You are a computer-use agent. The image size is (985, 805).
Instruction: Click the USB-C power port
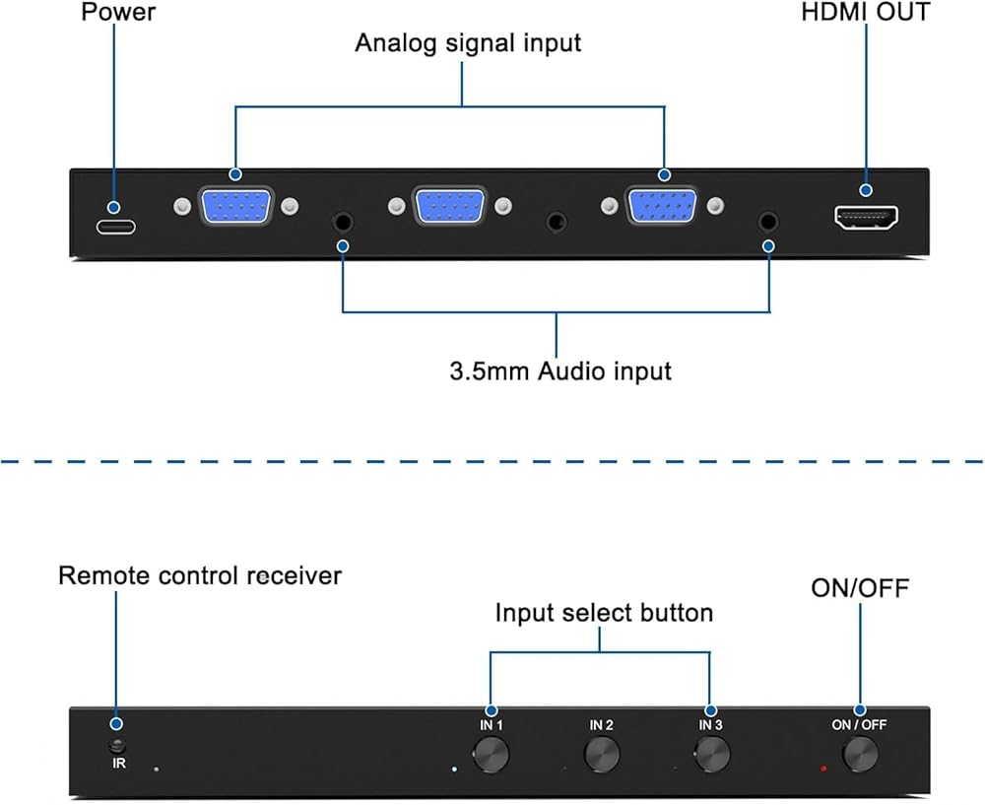115,226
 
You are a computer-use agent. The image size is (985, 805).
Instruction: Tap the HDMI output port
867,219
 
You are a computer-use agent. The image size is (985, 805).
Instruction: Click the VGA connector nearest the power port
235,208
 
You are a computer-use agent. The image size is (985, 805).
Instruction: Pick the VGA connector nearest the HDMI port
663,208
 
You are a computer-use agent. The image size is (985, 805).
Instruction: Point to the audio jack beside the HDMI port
767,222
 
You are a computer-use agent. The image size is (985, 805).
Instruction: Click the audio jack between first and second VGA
342,222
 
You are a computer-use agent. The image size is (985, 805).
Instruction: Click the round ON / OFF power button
860,755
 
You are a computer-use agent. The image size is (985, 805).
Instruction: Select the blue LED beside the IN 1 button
453,768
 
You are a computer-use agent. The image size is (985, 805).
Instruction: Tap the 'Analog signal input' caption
468,43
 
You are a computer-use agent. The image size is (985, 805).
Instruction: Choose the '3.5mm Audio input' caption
560,371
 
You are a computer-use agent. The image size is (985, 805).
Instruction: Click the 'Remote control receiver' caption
200,575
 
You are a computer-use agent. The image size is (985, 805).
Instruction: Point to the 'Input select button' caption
604,613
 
